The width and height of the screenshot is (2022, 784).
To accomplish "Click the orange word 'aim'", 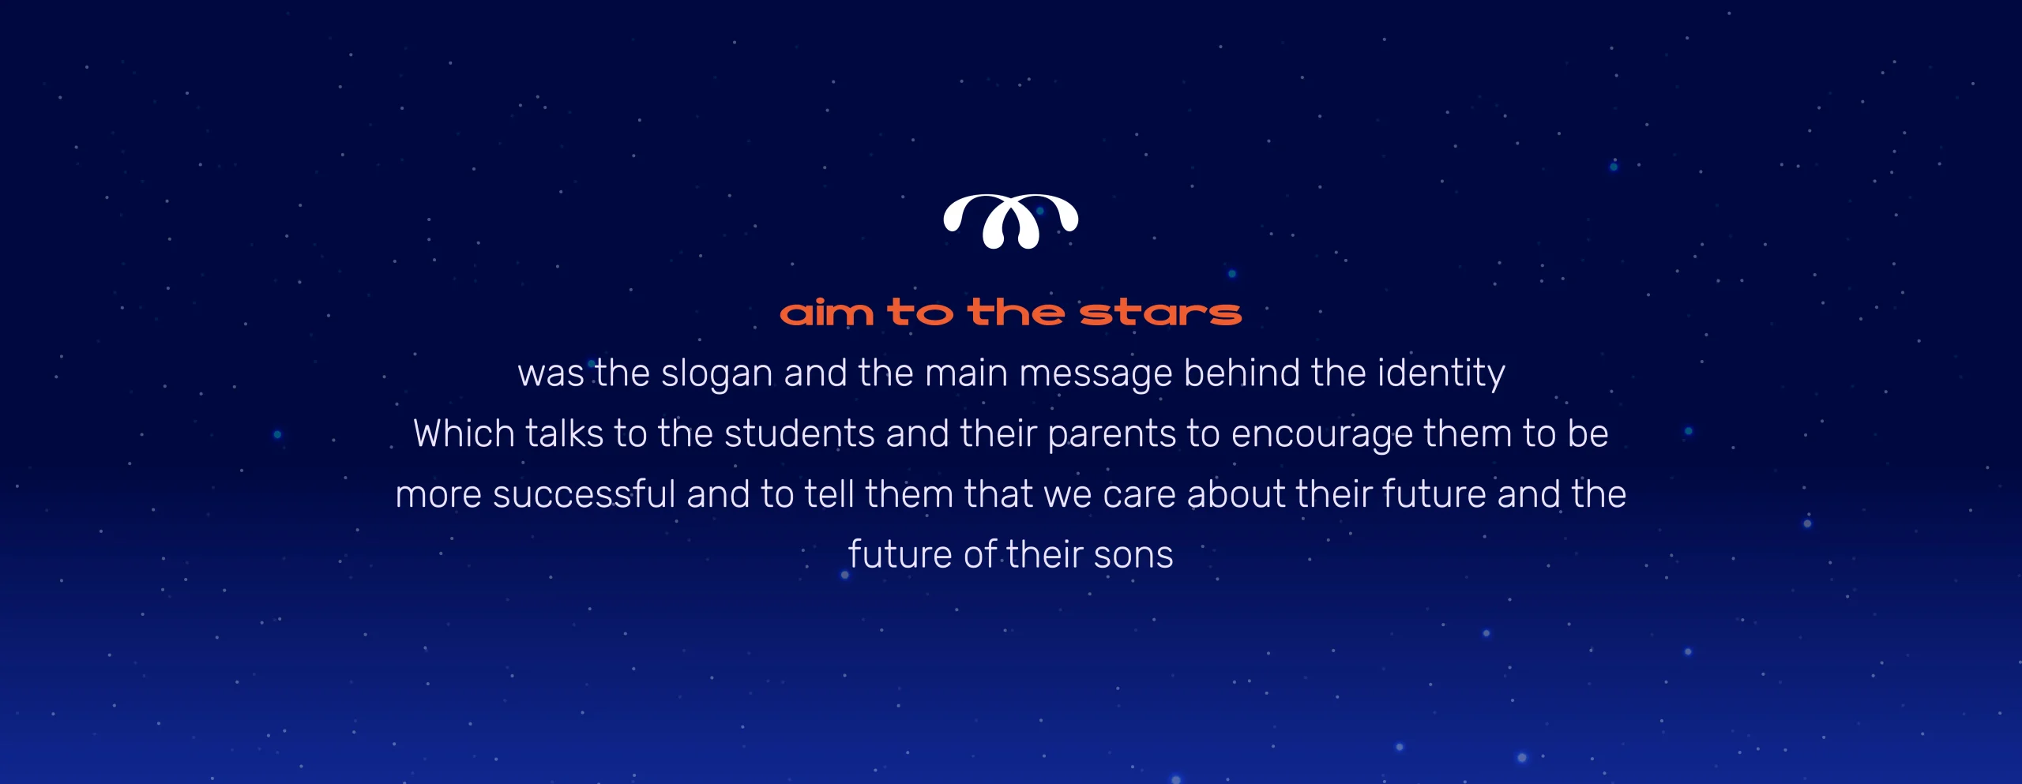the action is click(x=827, y=313).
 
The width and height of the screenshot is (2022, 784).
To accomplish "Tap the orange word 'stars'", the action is click(x=1160, y=313).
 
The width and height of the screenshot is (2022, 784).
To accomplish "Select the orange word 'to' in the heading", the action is click(x=920, y=313).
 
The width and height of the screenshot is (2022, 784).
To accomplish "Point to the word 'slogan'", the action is click(x=716, y=373).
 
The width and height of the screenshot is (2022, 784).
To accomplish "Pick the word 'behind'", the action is click(x=1242, y=372).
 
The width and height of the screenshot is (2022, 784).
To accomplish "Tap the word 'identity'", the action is click(x=1441, y=373).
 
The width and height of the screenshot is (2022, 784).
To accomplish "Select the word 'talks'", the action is click(x=564, y=433).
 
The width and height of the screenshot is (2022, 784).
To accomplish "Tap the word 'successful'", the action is click(x=584, y=494).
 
